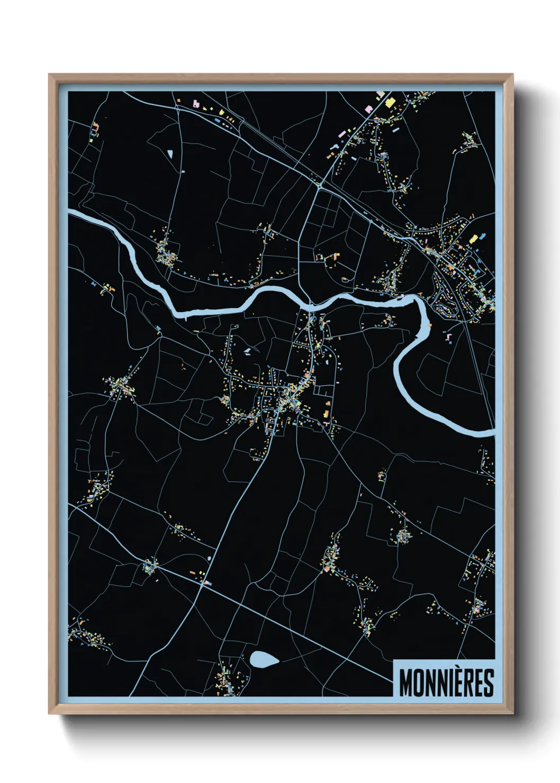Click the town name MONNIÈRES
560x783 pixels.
tap(446, 683)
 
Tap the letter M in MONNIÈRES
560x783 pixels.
tap(407, 684)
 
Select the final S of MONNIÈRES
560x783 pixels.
tap(488, 684)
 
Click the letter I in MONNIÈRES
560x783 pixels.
tap(450, 684)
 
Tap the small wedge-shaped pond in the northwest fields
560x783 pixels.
tap(170, 154)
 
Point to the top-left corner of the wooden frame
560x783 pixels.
tap(49, 75)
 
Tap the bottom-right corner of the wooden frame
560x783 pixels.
tap(512, 713)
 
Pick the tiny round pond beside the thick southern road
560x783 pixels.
tap(210, 558)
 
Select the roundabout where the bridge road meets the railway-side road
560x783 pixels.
tap(320, 186)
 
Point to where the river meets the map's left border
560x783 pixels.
tap(69, 214)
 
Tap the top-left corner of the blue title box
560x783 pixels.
tap(394, 660)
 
